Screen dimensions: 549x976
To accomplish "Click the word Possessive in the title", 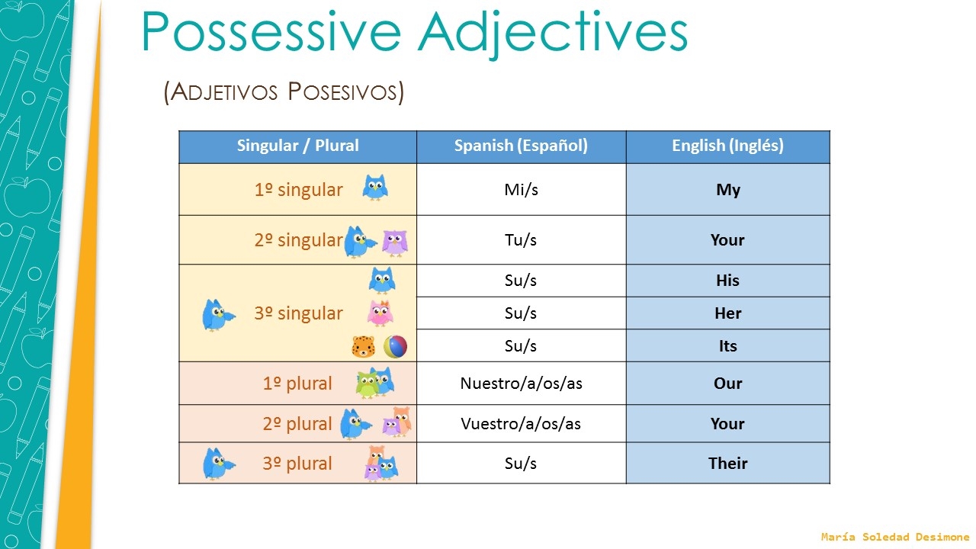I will coord(271,32).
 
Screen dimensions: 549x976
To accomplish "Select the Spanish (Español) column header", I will coord(521,146).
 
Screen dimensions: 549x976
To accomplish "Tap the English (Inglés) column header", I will coord(727,146).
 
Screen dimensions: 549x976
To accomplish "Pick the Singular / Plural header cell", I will coord(297,146).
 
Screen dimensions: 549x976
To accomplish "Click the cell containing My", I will coord(727,190).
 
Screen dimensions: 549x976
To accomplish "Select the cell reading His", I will coord(727,281).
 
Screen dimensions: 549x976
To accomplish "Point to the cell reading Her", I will coord(727,313).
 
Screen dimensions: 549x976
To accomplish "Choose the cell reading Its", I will coord(727,346).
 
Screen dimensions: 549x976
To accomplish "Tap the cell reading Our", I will coord(727,384).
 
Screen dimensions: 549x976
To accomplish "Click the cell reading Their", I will coord(727,464).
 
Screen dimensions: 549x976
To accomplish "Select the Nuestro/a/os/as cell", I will coord(521,384).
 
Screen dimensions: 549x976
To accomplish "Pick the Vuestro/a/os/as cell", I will coord(521,424).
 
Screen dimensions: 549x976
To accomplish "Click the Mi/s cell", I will coord(521,190).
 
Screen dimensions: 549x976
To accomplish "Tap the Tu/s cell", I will coord(521,240).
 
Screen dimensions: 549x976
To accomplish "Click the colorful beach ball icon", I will coord(395,347).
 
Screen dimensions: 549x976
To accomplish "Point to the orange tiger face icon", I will coord(363,347).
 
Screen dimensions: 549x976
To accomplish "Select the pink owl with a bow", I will coord(380,313).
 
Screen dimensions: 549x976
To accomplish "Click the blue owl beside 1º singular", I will coord(375,188).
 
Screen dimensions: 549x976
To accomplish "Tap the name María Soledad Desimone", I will coord(894,538).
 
